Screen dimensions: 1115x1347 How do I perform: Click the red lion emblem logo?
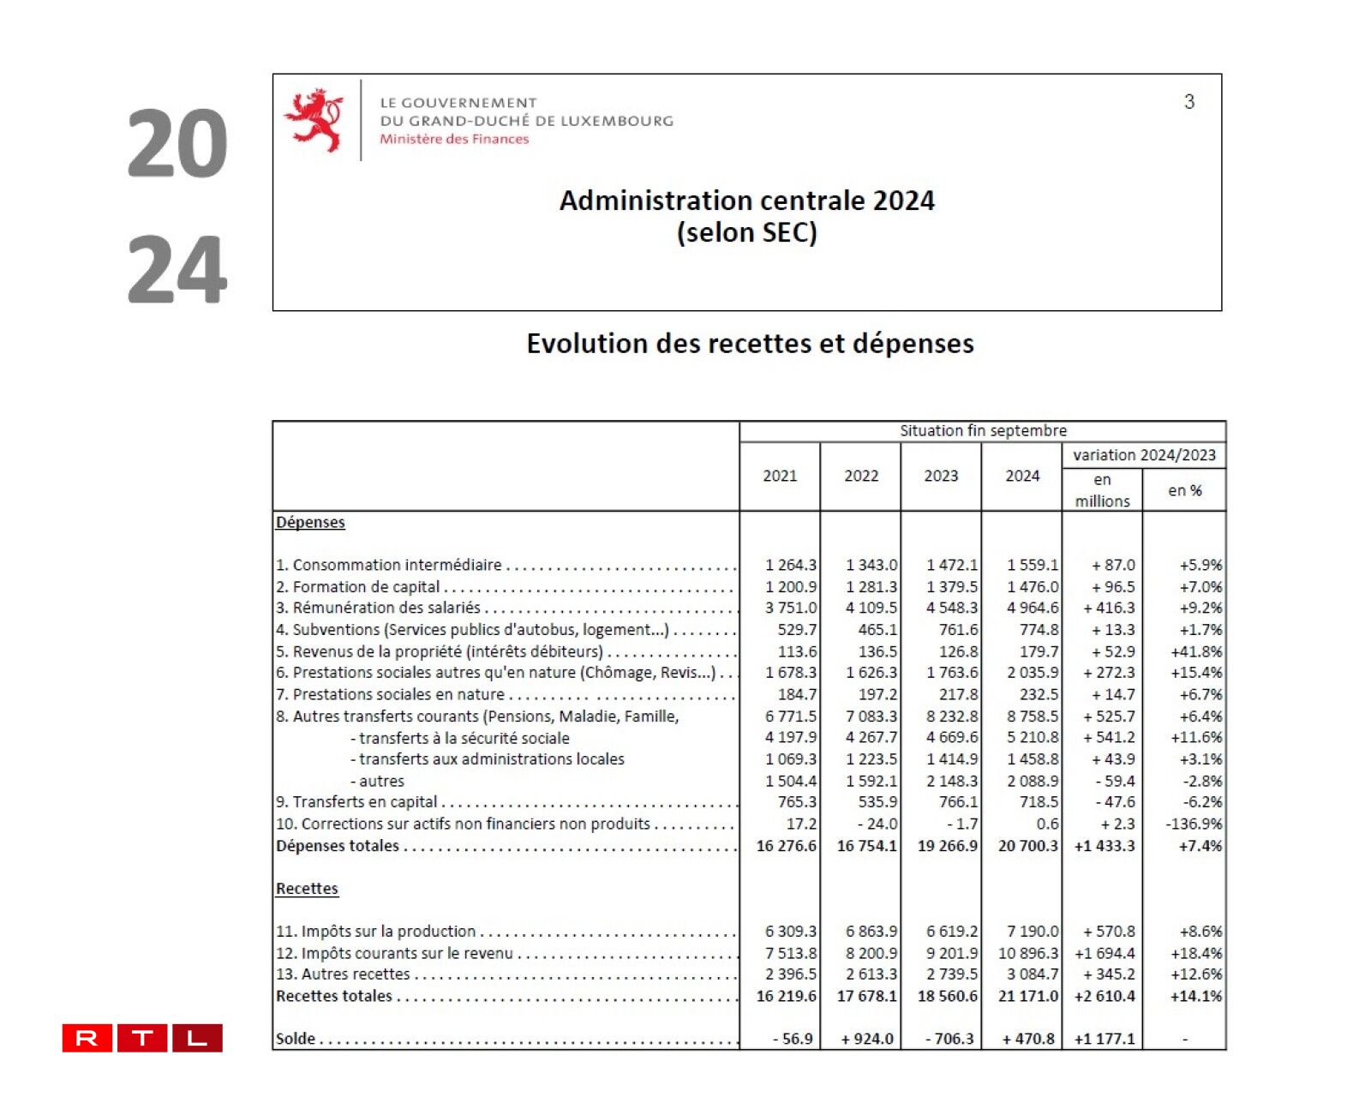click(x=314, y=119)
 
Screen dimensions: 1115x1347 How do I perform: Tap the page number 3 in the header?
click(x=1188, y=102)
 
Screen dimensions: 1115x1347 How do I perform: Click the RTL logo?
click(x=142, y=1038)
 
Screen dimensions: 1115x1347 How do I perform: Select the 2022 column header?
click(x=860, y=477)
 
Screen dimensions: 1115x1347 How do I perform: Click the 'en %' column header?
click(x=1184, y=490)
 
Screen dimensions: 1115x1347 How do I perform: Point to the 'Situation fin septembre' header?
click(x=983, y=431)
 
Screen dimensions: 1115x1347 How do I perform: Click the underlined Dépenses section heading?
click(x=310, y=523)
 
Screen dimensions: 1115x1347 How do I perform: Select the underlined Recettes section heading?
click(x=307, y=889)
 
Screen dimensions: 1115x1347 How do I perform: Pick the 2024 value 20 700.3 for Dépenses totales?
click(x=1027, y=846)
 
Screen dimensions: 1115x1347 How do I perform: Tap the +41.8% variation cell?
click(x=1195, y=651)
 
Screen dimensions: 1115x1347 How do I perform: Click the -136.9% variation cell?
click(x=1193, y=824)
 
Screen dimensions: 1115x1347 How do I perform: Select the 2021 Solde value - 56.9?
click(x=793, y=1039)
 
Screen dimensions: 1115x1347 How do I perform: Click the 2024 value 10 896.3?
click(x=1027, y=953)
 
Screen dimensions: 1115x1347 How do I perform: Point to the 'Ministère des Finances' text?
click(x=454, y=140)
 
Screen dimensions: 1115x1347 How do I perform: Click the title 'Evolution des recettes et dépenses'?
click(x=750, y=344)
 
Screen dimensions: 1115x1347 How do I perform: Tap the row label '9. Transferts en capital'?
click(x=356, y=802)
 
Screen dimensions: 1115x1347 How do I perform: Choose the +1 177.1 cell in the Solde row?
click(x=1104, y=1039)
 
